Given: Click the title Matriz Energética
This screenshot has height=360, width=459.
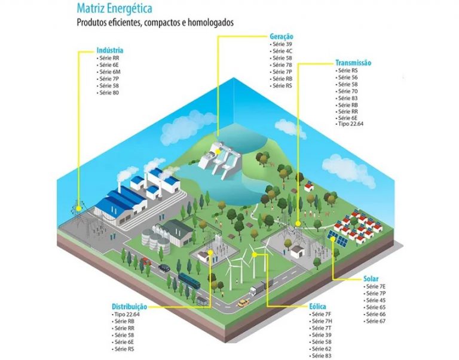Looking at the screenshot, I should click(114, 10).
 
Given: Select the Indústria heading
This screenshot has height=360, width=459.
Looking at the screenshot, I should click(110, 51).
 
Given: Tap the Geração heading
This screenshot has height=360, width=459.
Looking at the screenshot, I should click(281, 36).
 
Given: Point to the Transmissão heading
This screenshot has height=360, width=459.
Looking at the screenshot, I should click(354, 63).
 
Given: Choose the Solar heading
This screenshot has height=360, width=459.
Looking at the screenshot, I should click(371, 279).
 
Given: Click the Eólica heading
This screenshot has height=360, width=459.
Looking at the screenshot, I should click(318, 306).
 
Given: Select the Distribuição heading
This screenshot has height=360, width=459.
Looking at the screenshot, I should click(129, 306).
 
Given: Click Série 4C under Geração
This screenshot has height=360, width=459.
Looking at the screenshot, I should click(282, 51).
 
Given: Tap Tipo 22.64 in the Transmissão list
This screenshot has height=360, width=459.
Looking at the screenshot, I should click(352, 124).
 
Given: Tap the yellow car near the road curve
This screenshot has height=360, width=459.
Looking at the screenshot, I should click(242, 303).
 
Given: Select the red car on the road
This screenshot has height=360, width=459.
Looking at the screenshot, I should click(145, 260).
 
